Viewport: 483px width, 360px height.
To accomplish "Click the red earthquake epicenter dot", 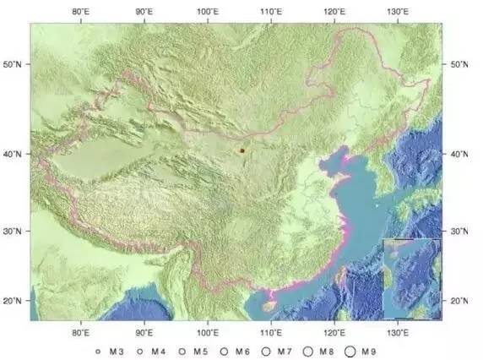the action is point(241,150).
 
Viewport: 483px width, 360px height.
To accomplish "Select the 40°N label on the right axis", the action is point(460,154).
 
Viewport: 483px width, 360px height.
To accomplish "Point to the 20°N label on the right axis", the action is point(460,302).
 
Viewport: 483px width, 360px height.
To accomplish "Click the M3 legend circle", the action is point(98,351).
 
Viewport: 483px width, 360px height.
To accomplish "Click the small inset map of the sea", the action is point(411,278).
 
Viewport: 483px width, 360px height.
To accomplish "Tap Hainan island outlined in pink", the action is point(271,297).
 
